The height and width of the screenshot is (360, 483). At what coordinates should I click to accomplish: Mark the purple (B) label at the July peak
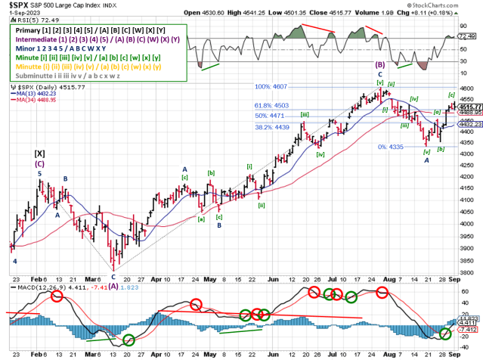pos(379,66)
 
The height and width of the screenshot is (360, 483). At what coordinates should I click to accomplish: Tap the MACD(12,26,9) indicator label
pos(30,287)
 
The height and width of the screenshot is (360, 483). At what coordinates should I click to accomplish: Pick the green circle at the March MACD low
pos(128,340)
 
